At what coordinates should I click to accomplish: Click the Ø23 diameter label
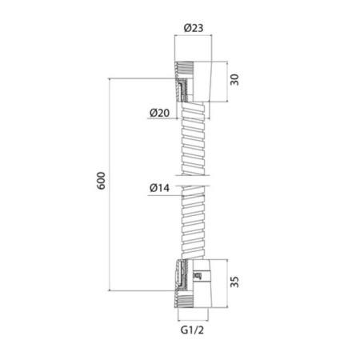194,28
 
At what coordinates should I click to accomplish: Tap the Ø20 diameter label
159,113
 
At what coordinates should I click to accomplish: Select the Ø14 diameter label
159,188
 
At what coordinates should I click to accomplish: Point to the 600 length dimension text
101,181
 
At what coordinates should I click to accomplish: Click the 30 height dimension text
234,80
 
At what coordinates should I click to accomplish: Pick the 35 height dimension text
234,282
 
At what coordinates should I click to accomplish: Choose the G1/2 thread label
192,330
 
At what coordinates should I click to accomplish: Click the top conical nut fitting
194,82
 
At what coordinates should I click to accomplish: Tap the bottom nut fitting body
194,283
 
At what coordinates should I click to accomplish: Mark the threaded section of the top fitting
184,66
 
